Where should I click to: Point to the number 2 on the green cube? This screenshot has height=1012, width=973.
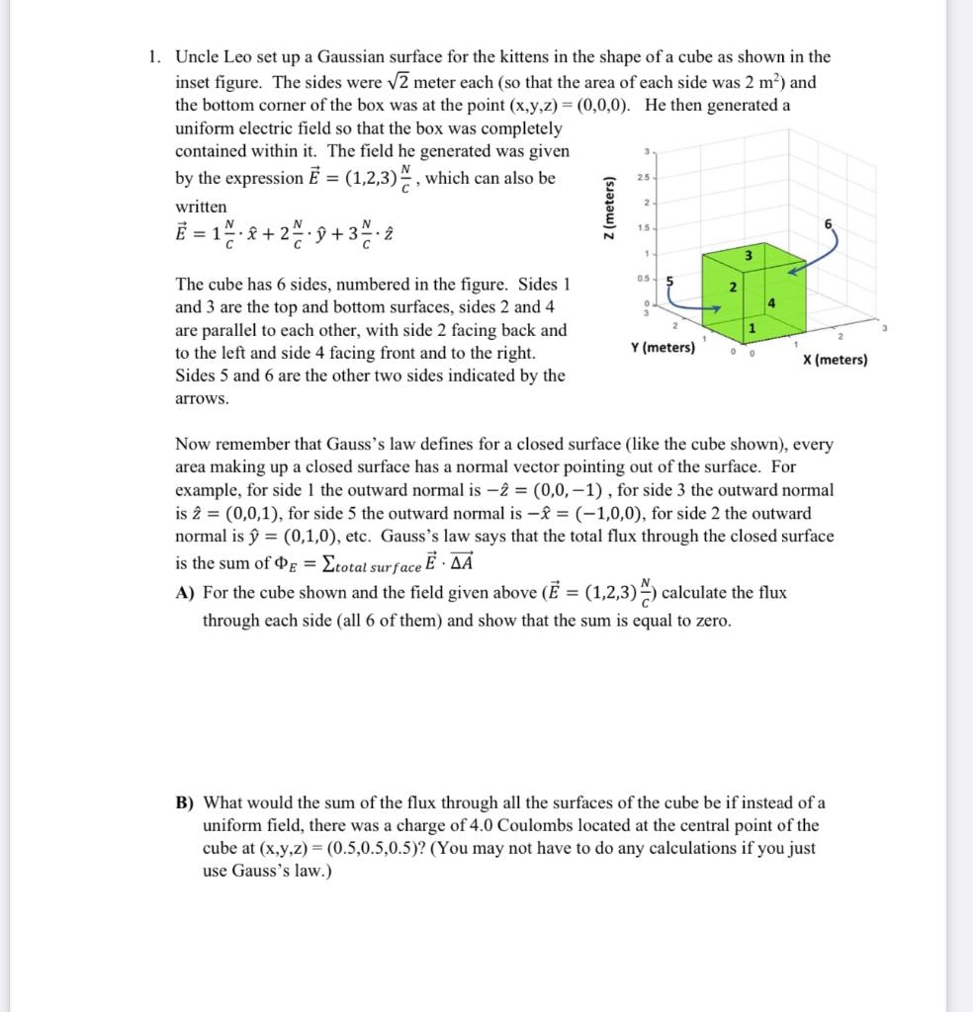pyautogui.click(x=732, y=288)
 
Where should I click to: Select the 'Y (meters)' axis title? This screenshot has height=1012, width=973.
pyautogui.click(x=662, y=348)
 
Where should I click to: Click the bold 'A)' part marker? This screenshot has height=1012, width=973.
pyautogui.click(x=184, y=593)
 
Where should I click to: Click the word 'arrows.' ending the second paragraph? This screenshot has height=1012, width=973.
pyautogui.click(x=202, y=399)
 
